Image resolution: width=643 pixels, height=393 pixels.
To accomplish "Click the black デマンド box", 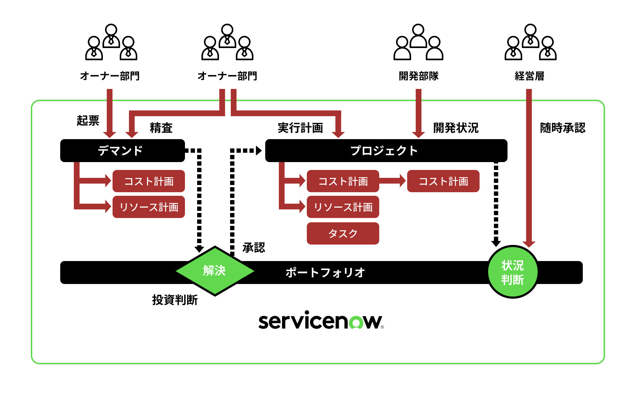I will (122, 151).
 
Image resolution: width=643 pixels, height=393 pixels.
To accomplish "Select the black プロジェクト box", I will (386, 151).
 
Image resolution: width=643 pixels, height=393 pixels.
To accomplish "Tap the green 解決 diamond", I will (215, 271).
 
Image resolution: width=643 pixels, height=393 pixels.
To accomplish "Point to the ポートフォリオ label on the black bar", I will (325, 273).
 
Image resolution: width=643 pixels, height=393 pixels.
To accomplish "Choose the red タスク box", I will (343, 233).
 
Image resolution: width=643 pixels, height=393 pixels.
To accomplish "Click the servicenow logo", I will (321, 321).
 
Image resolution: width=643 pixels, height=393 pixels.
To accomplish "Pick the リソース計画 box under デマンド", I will (149, 207).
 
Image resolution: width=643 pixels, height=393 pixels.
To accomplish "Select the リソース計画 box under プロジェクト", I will (343, 207).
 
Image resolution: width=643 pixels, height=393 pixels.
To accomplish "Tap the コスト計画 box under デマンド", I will (149, 181).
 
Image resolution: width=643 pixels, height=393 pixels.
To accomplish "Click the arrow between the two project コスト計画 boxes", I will (393, 181).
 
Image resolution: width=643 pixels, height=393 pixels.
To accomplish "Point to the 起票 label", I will (88, 120).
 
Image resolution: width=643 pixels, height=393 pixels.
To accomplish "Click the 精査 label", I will (161, 128).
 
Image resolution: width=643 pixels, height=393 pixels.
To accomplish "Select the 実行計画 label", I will (300, 128).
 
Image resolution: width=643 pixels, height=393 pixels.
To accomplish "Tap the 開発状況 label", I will (456, 128).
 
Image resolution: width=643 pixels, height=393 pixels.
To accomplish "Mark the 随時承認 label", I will (563, 128).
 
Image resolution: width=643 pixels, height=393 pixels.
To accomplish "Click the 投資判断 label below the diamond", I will (175, 300).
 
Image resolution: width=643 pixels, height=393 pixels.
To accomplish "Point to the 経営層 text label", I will (529, 76).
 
